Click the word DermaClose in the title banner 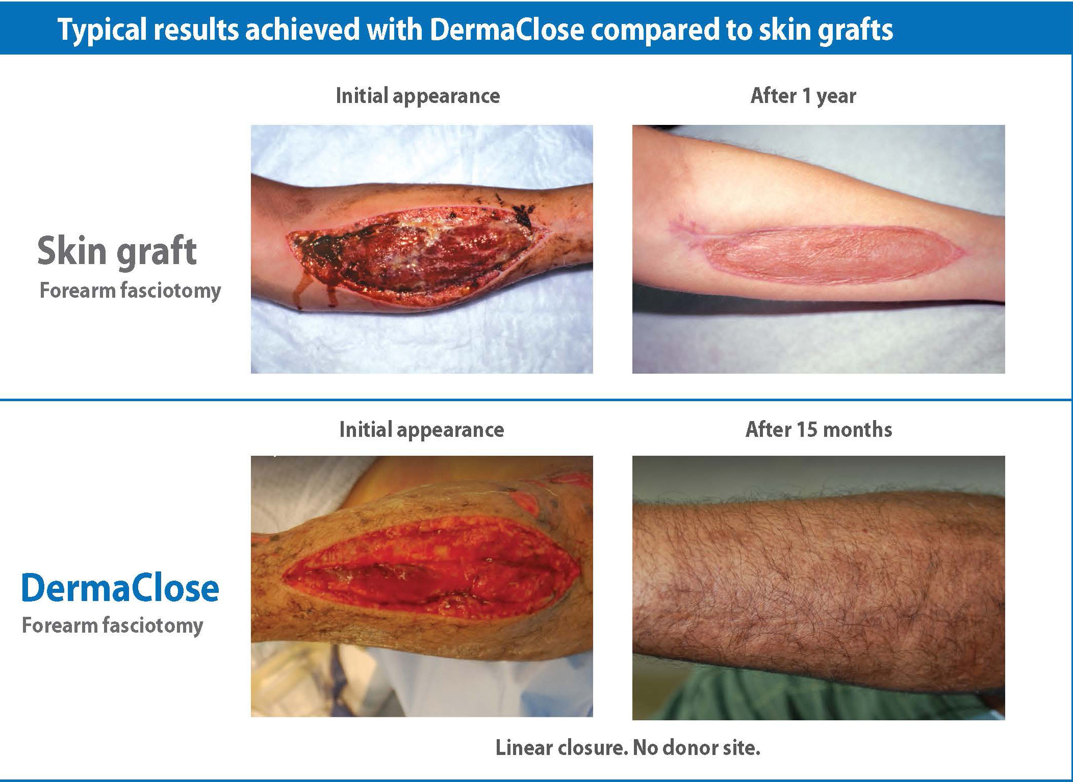[506, 30]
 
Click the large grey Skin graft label [117, 252]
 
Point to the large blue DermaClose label [120, 587]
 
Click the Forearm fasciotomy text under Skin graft [131, 291]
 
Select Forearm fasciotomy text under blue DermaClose [113, 625]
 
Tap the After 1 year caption [803, 96]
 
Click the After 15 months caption [819, 430]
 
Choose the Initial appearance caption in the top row [418, 96]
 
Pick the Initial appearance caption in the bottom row [422, 430]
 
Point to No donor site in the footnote [697, 748]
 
